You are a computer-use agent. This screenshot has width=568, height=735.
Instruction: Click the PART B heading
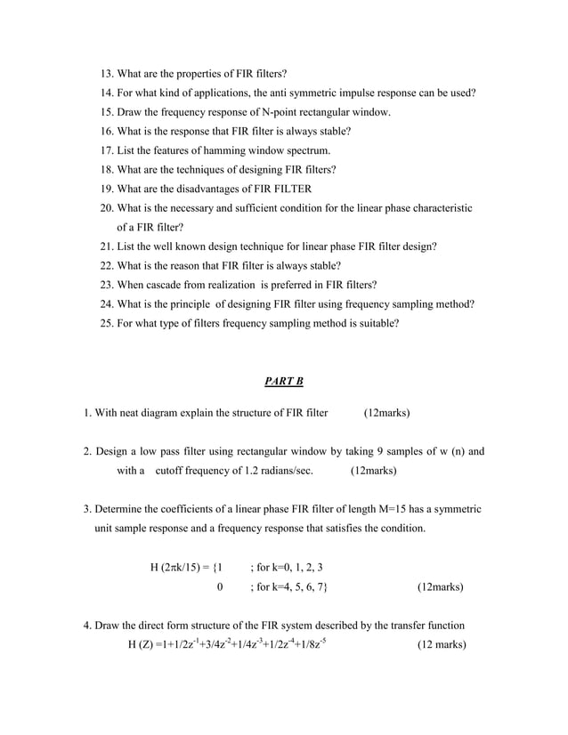tap(284, 382)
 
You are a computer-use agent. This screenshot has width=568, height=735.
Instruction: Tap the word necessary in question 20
tap(208, 207)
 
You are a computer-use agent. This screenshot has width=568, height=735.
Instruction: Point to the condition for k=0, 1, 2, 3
tap(287, 567)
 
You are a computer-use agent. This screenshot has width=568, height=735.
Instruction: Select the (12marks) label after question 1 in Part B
tap(387, 413)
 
